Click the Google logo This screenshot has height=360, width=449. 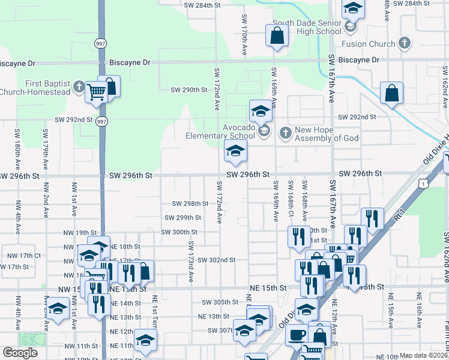[x=20, y=353]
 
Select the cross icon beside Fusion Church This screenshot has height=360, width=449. [x=405, y=43]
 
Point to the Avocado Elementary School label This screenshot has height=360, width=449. [x=231, y=131]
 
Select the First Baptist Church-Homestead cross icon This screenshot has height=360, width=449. [x=78, y=88]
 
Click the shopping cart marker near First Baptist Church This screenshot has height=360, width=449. [x=95, y=92]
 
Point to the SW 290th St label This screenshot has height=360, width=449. [x=188, y=90]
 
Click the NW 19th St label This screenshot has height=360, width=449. [x=86, y=233]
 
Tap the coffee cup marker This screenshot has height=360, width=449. [x=297, y=335]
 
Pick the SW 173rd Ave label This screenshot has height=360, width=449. [x=191, y=262]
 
